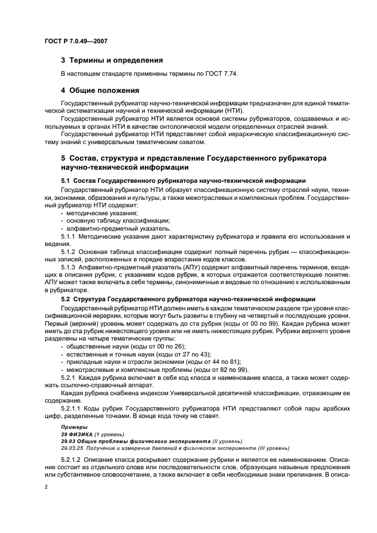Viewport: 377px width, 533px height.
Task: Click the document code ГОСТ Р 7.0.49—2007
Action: coord(76,42)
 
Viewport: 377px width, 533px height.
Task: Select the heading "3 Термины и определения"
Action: coord(112,60)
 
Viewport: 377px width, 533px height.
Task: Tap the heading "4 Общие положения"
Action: coord(101,90)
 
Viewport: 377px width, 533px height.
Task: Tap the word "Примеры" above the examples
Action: coord(74,427)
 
